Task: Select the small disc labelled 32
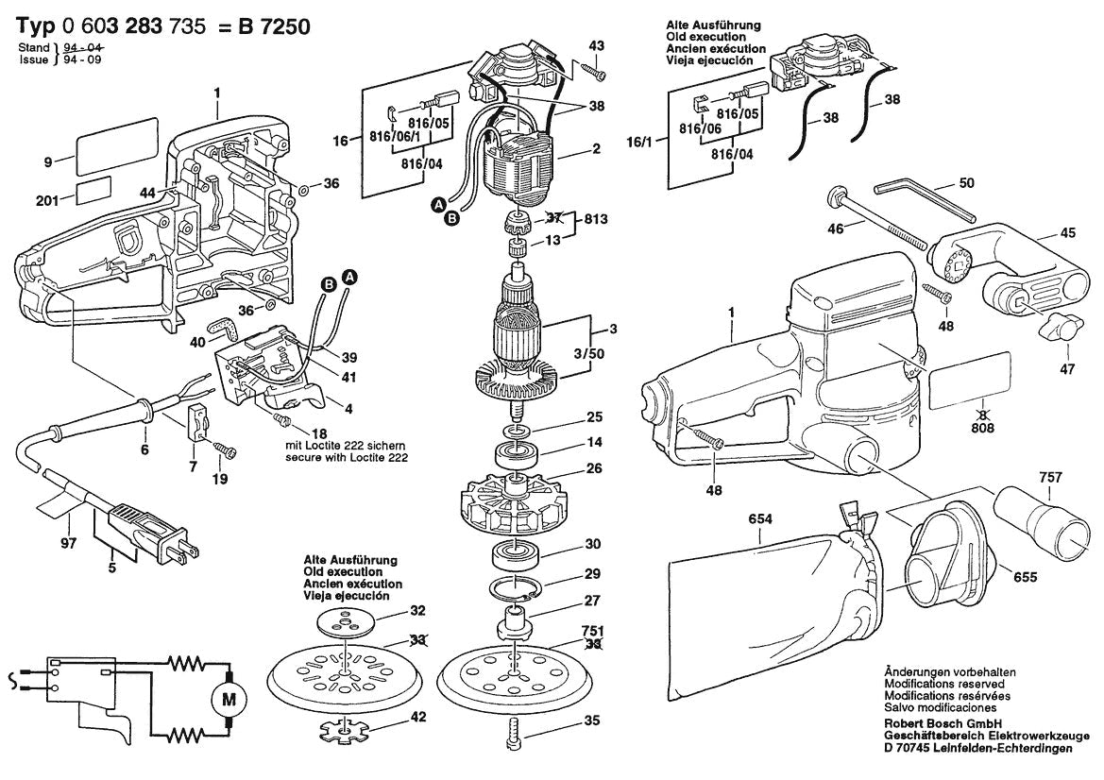pos(346,624)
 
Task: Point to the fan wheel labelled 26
pos(514,505)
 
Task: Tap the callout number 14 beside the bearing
pos(592,442)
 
